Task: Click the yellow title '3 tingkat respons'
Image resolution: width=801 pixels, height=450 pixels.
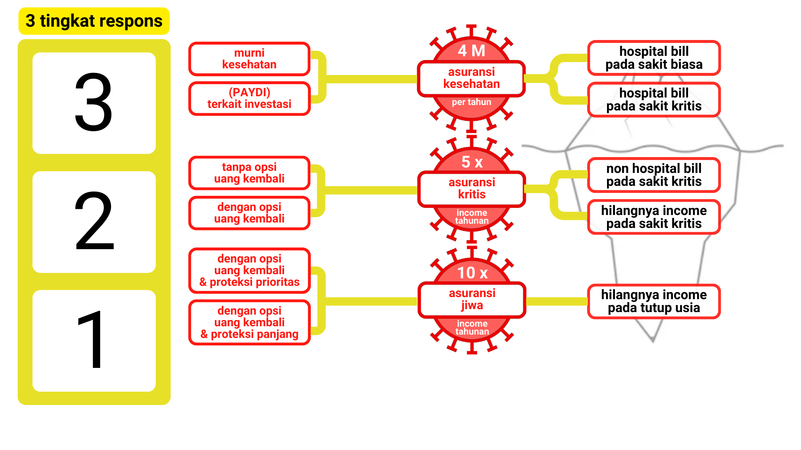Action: click(94, 21)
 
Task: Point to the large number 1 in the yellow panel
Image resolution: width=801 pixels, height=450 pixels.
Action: click(91, 340)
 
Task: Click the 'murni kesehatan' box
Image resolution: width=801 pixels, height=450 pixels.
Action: click(249, 59)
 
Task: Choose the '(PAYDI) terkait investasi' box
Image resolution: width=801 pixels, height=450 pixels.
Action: click(249, 98)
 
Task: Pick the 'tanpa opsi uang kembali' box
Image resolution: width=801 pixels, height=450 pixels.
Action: click(249, 173)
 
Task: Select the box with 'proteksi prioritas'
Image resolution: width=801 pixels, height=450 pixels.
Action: click(249, 270)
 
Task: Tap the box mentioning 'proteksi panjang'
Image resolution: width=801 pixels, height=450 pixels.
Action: click(249, 322)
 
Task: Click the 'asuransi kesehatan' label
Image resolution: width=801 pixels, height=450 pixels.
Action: click(471, 78)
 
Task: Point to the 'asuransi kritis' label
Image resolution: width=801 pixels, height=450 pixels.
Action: click(471, 189)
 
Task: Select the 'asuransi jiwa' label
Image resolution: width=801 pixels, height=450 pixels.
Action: click(472, 300)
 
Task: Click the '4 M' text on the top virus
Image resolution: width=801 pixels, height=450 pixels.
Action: click(471, 51)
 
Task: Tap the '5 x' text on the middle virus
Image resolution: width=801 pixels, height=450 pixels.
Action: click(472, 162)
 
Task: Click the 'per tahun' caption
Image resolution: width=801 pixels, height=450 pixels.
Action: click(471, 102)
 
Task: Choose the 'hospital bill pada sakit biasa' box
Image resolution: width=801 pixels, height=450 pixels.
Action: click(654, 58)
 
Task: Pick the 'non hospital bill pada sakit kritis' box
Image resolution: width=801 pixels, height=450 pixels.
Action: click(654, 175)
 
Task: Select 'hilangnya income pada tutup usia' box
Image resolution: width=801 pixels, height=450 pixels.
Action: click(654, 301)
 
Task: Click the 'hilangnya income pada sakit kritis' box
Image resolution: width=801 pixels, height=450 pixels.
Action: click(654, 217)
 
